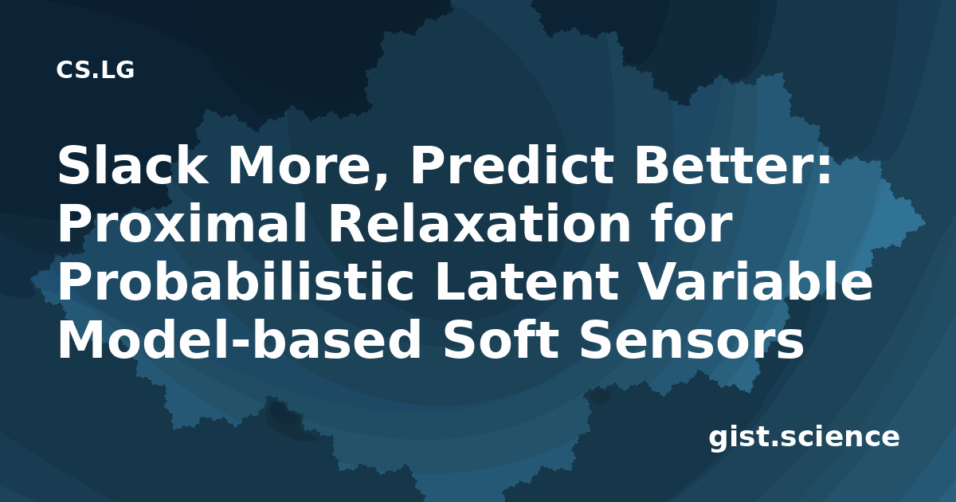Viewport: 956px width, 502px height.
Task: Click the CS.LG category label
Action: point(95,70)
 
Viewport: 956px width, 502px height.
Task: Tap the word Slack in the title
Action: point(133,165)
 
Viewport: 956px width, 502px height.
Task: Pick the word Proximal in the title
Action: point(182,223)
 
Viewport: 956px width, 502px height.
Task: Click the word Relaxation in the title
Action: point(479,223)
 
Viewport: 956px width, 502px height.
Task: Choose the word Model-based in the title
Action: point(239,339)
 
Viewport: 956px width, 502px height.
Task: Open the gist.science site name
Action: point(804,438)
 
